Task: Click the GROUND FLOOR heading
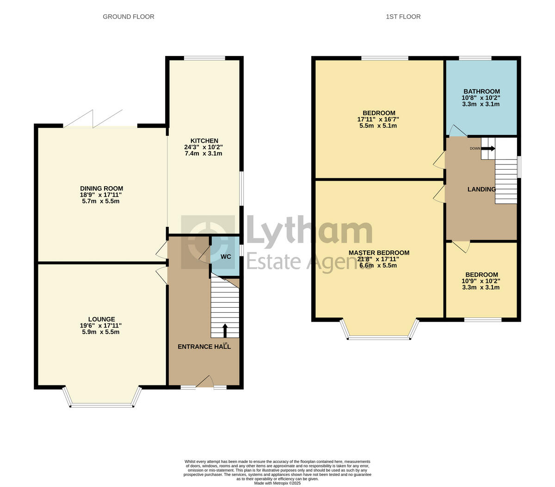click(128, 17)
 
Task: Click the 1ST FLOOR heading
click(403, 17)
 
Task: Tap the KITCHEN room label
click(204, 141)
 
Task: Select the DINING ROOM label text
click(102, 189)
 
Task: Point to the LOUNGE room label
click(102, 319)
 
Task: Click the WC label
click(226, 256)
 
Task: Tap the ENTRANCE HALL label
click(204, 347)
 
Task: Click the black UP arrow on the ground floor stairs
click(225, 330)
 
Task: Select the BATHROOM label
click(481, 91)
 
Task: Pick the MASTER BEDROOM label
click(379, 253)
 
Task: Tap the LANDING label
click(481, 189)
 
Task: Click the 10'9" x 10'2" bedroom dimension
click(481, 281)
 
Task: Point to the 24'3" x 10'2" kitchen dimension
click(204, 147)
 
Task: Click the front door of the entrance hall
click(204, 382)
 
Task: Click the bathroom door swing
click(456, 132)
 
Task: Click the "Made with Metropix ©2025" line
click(277, 483)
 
